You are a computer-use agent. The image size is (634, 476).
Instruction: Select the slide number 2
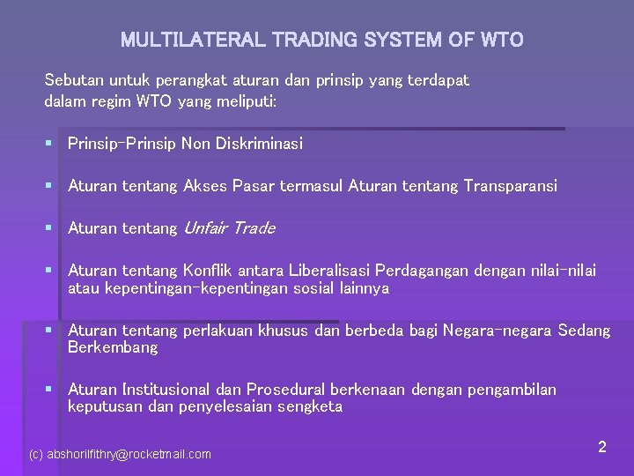(601, 447)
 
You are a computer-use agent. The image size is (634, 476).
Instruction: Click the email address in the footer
(120, 454)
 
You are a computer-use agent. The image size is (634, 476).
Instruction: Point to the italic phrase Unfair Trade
(229, 228)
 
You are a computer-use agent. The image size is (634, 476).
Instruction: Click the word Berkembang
(113, 347)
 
